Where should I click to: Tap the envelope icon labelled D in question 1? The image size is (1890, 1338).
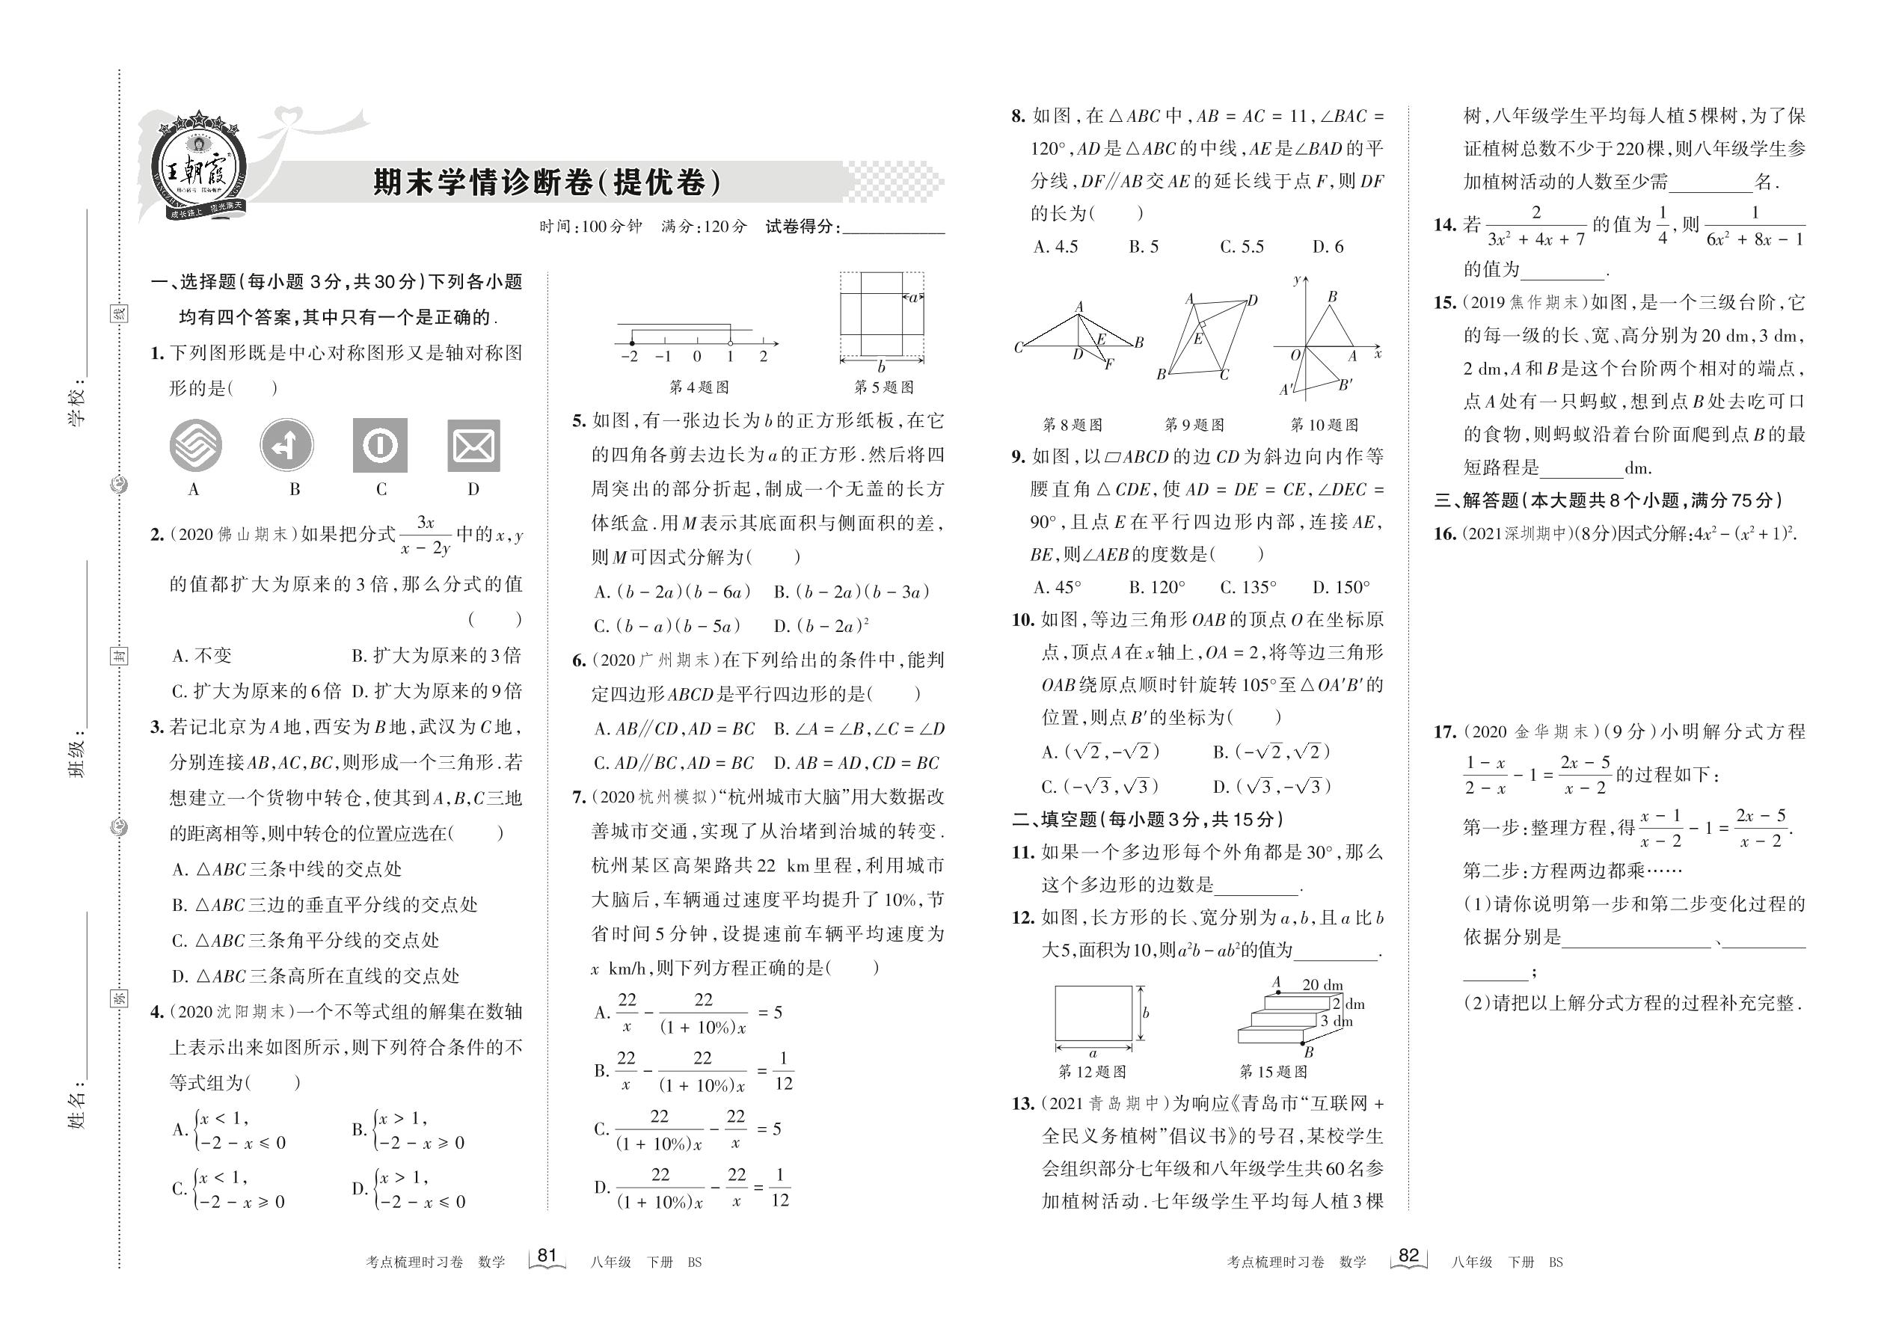pyautogui.click(x=473, y=446)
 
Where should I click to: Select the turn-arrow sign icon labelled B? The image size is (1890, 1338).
pyautogui.click(x=286, y=446)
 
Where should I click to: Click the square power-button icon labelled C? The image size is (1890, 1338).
pyautogui.click(x=380, y=446)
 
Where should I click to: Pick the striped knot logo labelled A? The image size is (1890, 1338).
pyautogui.click(x=195, y=446)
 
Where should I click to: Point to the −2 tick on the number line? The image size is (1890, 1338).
pyautogui.click(x=630, y=356)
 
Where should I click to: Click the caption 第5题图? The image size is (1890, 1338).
pyautogui.click(x=883, y=387)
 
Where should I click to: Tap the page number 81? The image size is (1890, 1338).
pyautogui.click(x=547, y=1256)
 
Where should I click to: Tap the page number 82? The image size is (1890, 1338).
pyautogui.click(x=1408, y=1256)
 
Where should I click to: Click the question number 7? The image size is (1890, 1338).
pyautogui.click(x=578, y=797)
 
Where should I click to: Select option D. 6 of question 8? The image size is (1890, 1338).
pyautogui.click(x=1328, y=246)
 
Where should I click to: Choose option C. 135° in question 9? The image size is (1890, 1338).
pyautogui.click(x=1248, y=587)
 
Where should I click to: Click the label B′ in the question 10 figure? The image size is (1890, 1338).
pyautogui.click(x=1345, y=384)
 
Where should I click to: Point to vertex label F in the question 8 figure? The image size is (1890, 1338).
pyautogui.click(x=1109, y=363)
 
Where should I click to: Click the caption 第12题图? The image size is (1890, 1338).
pyautogui.click(x=1092, y=1072)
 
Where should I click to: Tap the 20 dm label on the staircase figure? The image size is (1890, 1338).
pyautogui.click(x=1322, y=984)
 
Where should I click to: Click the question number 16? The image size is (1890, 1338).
pyautogui.click(x=1444, y=534)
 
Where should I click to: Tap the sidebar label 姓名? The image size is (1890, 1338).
pyautogui.click(x=76, y=1108)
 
